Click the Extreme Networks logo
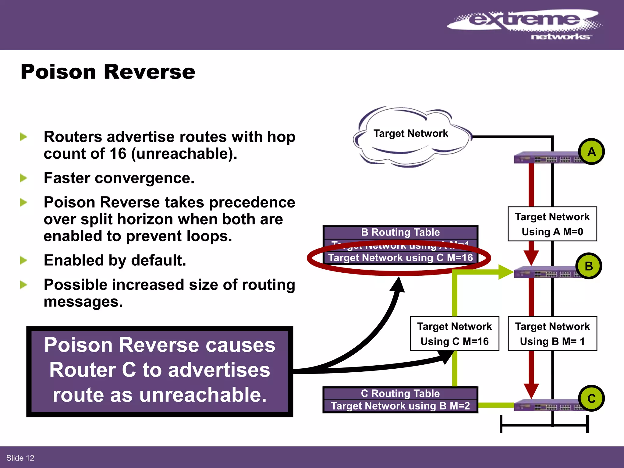point(524,24)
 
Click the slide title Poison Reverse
point(108,72)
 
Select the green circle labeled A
point(591,152)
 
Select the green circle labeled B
point(589,266)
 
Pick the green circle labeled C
point(591,399)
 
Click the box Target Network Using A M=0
point(552,224)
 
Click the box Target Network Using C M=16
point(454,334)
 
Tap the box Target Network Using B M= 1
point(552,334)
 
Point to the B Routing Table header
point(400,232)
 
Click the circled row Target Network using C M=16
point(400,258)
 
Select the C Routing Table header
point(400,393)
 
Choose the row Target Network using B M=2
point(400,406)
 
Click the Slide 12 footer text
point(20,458)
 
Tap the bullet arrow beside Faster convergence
point(23,178)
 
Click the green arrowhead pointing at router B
point(506,272)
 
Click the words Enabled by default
point(115,261)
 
